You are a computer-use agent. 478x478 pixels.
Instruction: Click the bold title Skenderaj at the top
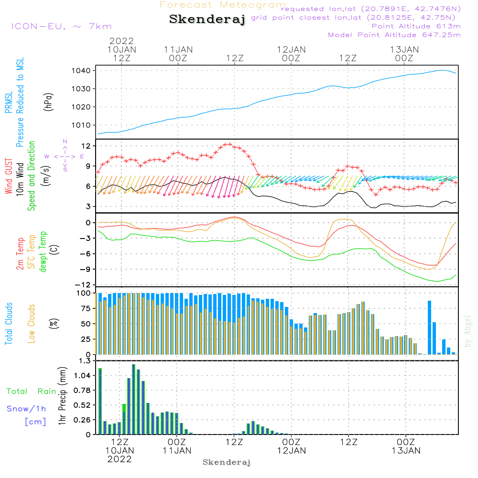[207, 20]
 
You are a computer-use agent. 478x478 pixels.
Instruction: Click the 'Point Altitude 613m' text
[416, 26]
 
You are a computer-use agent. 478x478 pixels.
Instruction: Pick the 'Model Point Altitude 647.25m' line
[394, 35]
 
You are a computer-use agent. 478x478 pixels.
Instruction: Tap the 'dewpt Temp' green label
[43, 252]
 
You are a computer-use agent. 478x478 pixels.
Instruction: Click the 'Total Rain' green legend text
[32, 391]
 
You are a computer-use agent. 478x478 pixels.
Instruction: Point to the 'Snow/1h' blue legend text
[26, 409]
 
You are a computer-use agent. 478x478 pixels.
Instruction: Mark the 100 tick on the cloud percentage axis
[84, 293]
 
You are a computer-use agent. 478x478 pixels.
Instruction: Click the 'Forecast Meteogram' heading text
[223, 5]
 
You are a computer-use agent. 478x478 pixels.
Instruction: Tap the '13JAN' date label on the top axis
[404, 49]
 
